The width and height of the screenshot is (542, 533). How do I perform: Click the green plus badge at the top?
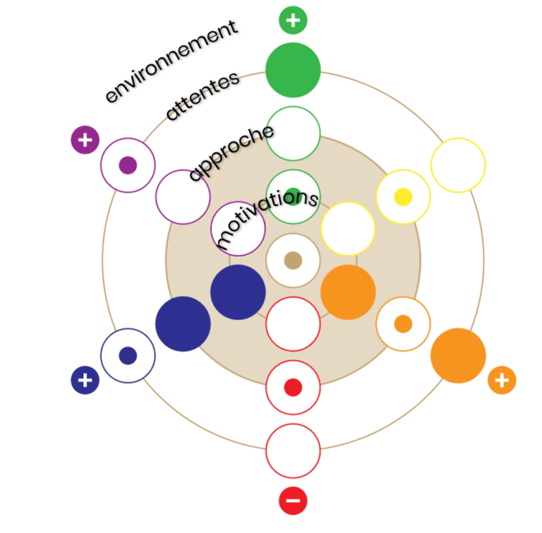(x=293, y=20)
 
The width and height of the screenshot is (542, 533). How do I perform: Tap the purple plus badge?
(x=85, y=140)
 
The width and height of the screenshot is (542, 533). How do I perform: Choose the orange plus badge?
(x=502, y=381)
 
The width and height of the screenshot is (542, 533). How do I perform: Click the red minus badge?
(x=293, y=501)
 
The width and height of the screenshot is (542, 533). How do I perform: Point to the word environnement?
(x=171, y=62)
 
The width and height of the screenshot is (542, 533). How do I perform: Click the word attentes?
(x=203, y=97)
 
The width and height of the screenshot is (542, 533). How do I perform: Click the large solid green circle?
(x=293, y=70)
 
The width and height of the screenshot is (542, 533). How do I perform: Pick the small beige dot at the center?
(x=293, y=260)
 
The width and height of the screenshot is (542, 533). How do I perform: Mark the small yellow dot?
(x=403, y=197)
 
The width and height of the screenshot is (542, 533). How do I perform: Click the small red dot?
(x=293, y=388)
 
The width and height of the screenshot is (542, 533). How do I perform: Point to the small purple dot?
(x=128, y=165)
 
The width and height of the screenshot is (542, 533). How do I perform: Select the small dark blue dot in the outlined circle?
(x=128, y=356)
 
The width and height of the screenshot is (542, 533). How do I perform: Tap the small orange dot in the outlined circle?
(x=403, y=324)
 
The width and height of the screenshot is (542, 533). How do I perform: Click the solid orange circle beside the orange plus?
(x=458, y=356)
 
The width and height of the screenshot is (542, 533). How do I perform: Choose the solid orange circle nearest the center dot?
(x=348, y=292)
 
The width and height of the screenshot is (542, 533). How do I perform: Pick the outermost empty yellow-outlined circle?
(x=458, y=165)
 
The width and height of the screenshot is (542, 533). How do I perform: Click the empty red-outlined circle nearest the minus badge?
(x=293, y=451)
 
